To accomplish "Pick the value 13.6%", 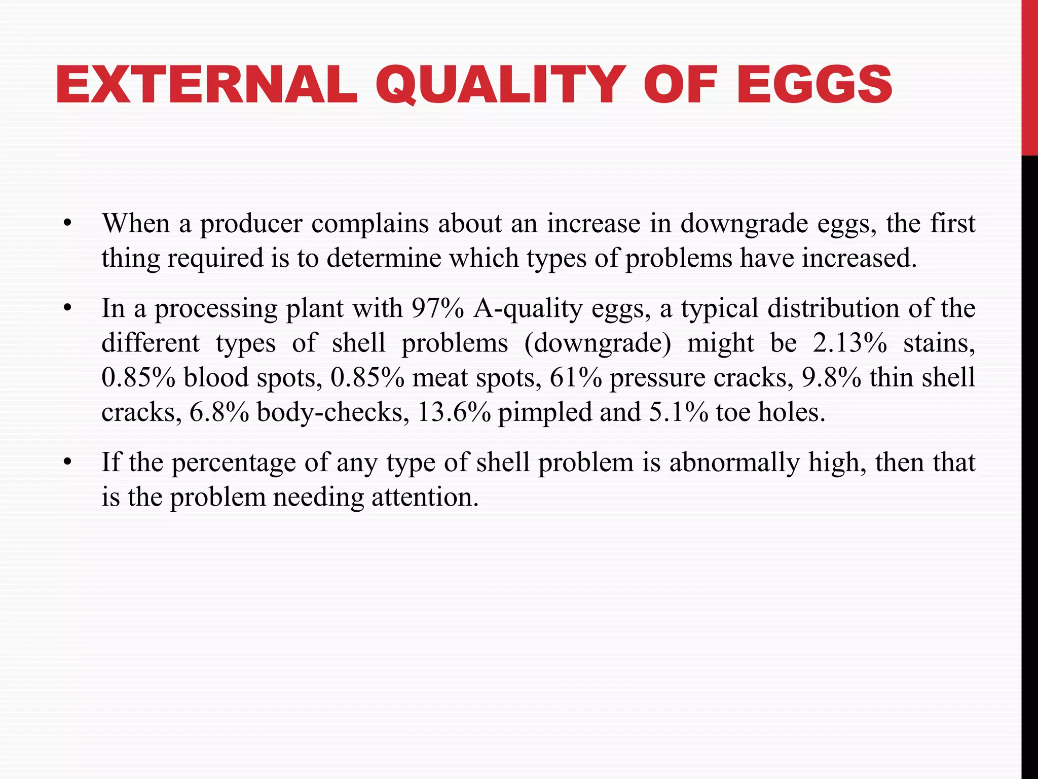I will click(x=454, y=412).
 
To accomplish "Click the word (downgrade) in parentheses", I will click(x=598, y=343).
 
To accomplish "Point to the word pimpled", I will click(x=545, y=412).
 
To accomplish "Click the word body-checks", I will click(x=333, y=412).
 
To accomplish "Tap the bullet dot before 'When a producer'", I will click(x=68, y=224).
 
